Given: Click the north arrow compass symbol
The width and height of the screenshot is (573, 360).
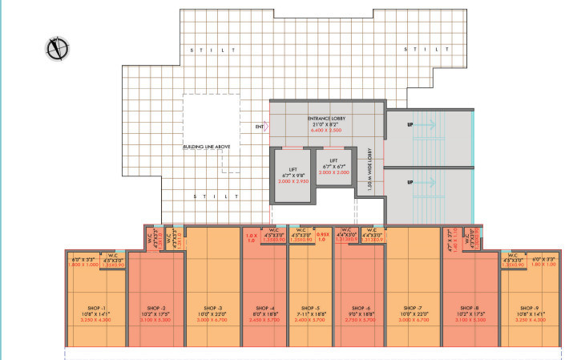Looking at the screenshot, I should (x=56, y=49).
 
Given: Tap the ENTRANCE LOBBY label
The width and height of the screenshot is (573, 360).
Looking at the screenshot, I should (x=325, y=118).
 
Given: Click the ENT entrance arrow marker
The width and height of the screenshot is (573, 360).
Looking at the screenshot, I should (x=261, y=127).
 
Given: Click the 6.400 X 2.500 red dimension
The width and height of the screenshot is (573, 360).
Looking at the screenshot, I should (x=325, y=127).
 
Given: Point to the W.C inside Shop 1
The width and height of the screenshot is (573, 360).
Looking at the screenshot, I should (x=113, y=261).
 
